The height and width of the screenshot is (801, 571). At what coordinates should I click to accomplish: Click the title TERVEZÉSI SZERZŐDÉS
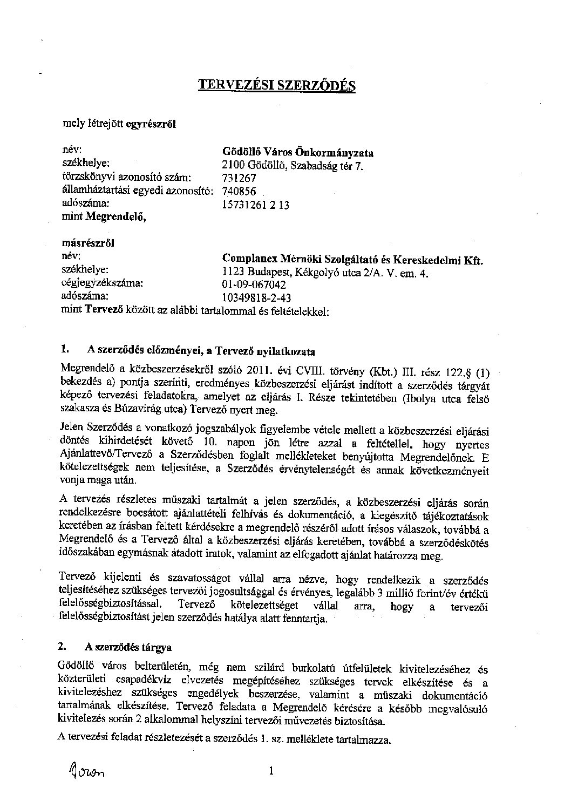(276, 85)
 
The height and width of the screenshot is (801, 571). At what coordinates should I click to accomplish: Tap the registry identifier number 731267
(239, 178)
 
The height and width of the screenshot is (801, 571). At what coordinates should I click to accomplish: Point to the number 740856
(239, 191)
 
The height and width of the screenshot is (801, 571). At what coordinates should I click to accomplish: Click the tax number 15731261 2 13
(256, 205)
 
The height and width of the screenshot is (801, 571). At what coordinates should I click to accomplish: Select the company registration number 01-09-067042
(254, 285)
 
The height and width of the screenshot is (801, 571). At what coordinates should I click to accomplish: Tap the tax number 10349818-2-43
(257, 297)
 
